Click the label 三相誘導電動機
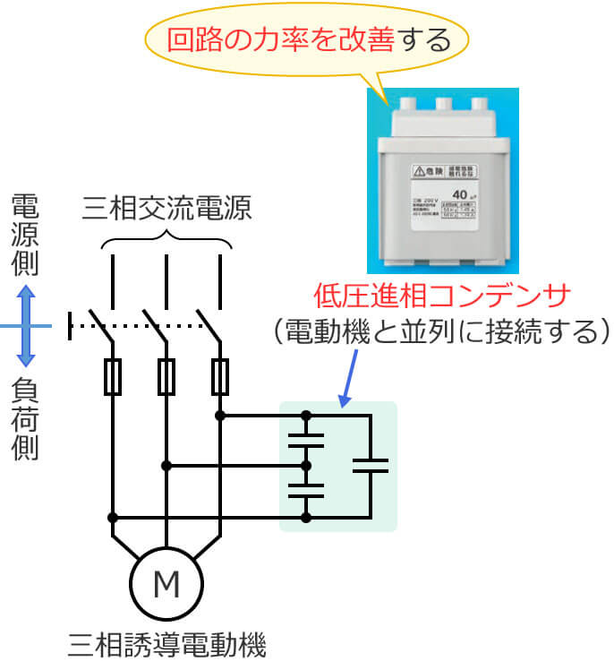pyautogui.click(x=166, y=644)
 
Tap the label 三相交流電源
pyautogui.click(x=166, y=208)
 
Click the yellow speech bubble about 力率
pyautogui.click(x=307, y=41)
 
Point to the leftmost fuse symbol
pyautogui.click(x=113, y=376)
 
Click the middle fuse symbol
pyautogui.click(x=166, y=376)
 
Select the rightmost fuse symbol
pyautogui.click(x=220, y=376)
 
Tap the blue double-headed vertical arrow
pyautogui.click(x=27, y=326)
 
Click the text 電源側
pyautogui.click(x=25, y=234)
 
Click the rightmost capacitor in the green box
pyautogui.click(x=370, y=465)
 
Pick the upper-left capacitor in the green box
pyautogui.click(x=307, y=440)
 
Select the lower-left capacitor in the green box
pyautogui.click(x=307, y=491)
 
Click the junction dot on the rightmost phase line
pyautogui.click(x=220, y=416)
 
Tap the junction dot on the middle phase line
pyautogui.click(x=166, y=466)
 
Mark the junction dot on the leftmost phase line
pyautogui.click(x=113, y=518)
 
